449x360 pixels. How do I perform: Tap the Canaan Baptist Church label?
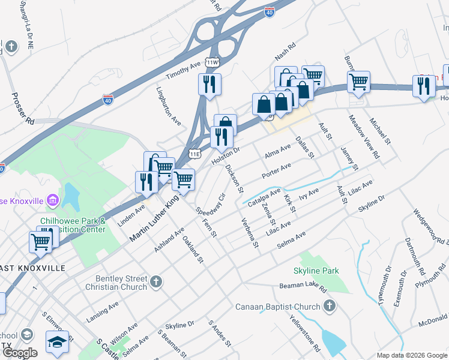click(x=277, y=307)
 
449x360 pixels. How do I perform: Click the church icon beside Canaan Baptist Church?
click(x=328, y=307)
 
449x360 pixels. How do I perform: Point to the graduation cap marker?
click(x=57, y=342)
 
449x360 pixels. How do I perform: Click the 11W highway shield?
click(x=212, y=62)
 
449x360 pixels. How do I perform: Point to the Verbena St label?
click(x=250, y=229)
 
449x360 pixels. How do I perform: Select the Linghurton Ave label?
click(x=168, y=106)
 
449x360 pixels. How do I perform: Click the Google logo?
click(x=20, y=353)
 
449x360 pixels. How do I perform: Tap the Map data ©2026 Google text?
click(x=412, y=355)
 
